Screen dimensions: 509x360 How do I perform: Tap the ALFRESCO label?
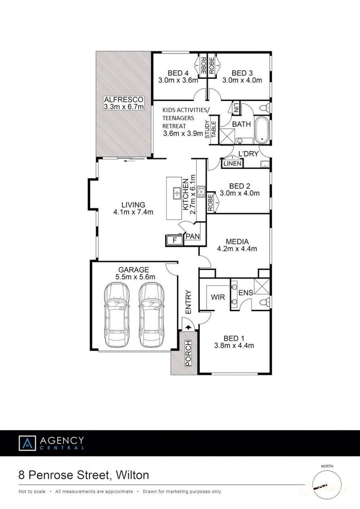click(123, 99)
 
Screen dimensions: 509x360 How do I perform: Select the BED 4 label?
click(178, 73)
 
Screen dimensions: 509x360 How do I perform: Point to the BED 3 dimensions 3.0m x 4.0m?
click(242, 80)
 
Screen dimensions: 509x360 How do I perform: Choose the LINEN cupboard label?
click(232, 164)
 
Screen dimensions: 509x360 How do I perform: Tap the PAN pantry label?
click(193, 236)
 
